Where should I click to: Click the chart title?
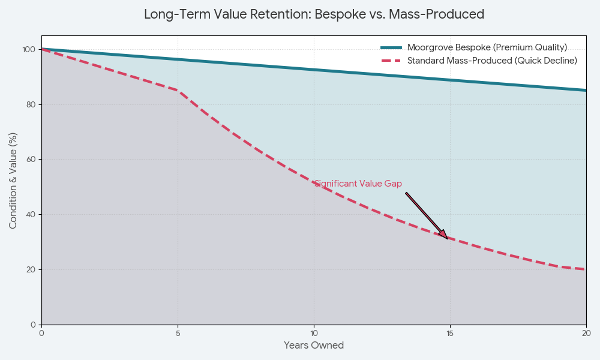(314, 14)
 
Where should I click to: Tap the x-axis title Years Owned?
(314, 346)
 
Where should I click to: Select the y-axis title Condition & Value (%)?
(13, 181)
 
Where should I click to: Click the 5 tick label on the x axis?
(178, 333)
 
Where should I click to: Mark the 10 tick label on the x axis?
(314, 333)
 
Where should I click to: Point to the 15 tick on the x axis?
(450, 333)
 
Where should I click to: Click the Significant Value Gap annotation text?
(358, 184)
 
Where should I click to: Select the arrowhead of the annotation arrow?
(445, 236)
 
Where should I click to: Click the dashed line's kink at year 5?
(178, 91)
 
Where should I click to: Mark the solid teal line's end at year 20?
(586, 91)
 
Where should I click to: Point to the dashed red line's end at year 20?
(586, 269)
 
